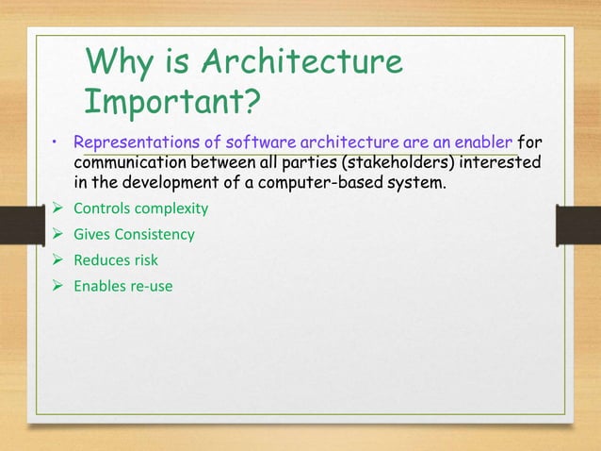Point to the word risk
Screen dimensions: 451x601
click(x=144, y=259)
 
